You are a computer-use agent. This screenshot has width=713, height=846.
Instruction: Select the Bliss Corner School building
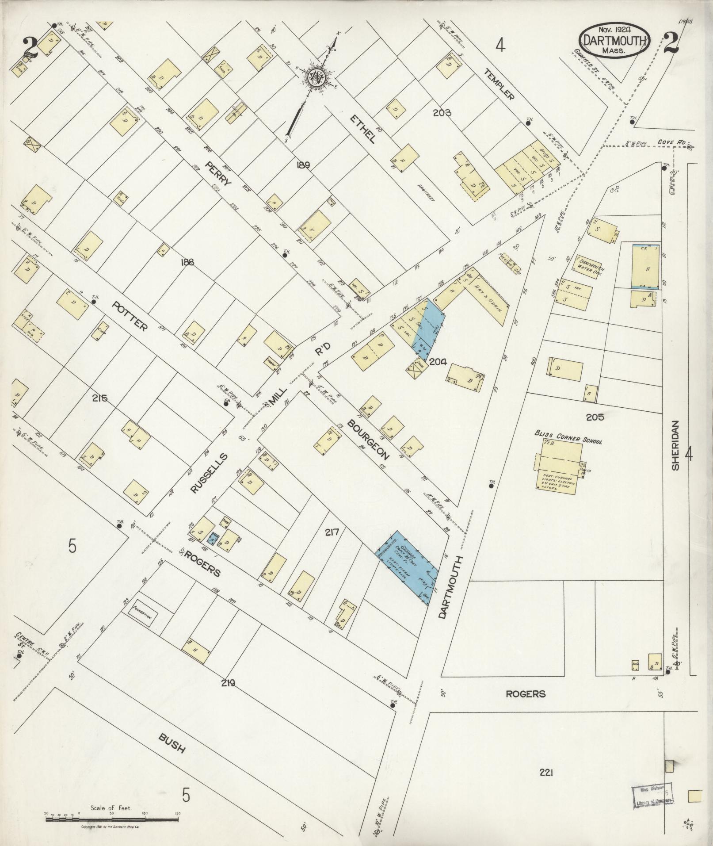coord(558,464)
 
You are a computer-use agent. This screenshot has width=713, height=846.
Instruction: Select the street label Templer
coord(499,84)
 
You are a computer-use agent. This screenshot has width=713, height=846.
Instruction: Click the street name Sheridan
coord(675,444)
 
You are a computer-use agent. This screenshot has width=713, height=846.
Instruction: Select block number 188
coord(187,262)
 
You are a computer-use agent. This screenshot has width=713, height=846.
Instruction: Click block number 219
coord(228,683)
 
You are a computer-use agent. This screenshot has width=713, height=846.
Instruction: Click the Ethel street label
coord(362,129)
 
